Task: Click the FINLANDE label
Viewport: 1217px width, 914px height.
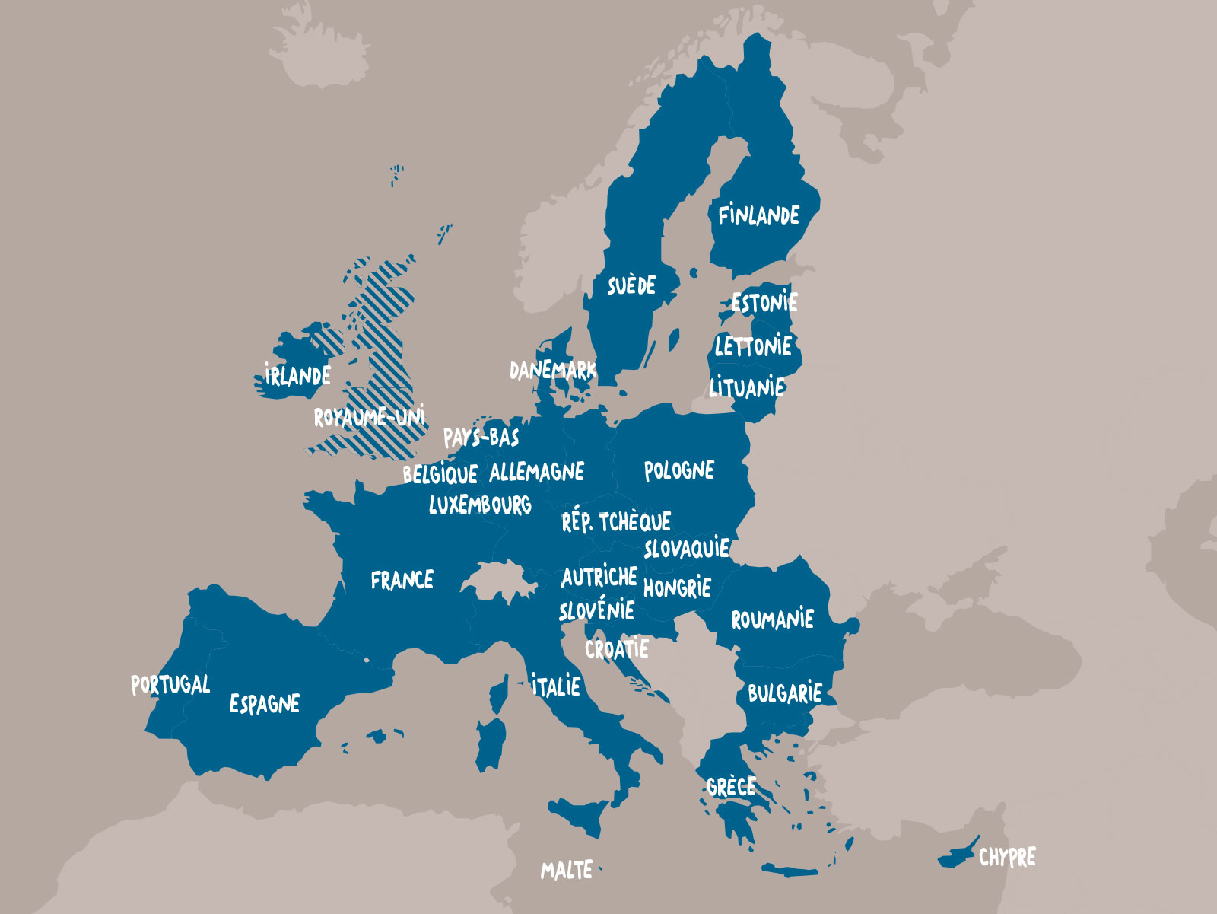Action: [758, 215]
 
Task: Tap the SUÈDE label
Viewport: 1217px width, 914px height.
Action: [631, 285]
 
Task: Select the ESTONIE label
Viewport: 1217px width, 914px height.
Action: [764, 303]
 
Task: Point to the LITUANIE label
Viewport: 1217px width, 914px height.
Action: [747, 387]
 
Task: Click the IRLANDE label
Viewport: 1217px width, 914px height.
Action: [297, 375]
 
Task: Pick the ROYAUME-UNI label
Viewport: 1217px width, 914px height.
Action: [370, 417]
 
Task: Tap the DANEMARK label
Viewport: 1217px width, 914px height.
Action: [553, 371]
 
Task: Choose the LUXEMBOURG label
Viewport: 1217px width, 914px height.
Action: [480, 505]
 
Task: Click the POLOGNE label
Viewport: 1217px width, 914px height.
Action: [679, 471]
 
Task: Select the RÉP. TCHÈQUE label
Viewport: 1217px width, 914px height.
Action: [616, 522]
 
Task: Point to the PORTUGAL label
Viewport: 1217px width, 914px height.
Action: [170, 685]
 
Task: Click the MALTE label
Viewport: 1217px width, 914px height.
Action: [567, 870]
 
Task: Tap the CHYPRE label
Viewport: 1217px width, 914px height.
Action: [1007, 858]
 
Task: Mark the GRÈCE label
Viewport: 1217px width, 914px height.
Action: [731, 787]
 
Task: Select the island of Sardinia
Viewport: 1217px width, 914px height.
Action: [491, 742]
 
